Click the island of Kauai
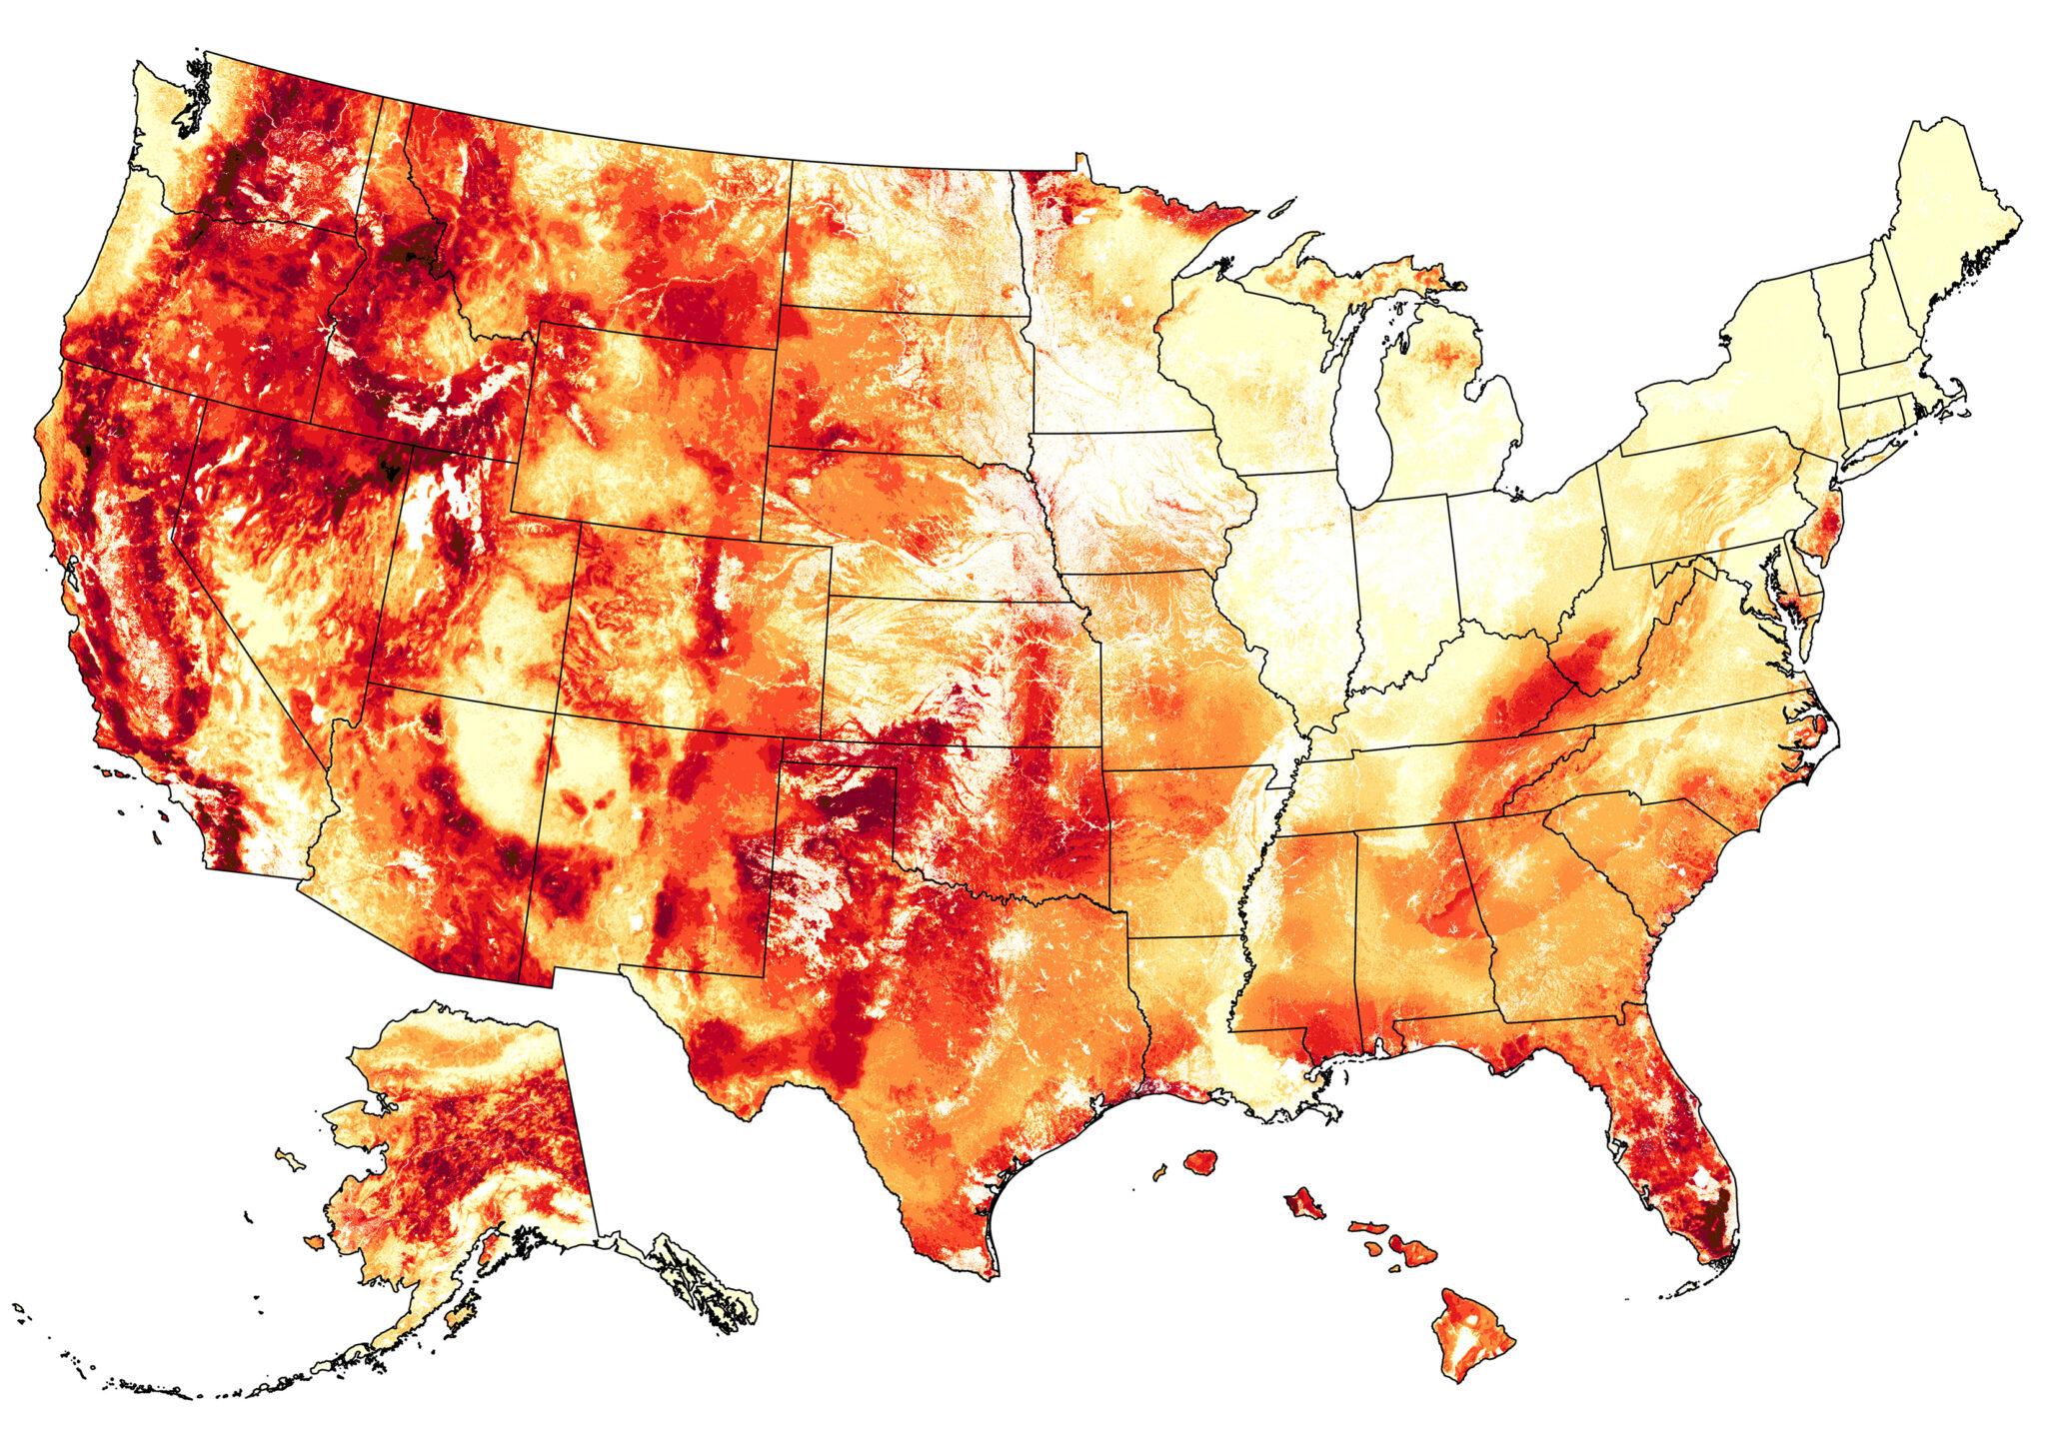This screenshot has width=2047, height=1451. point(1202,1161)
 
